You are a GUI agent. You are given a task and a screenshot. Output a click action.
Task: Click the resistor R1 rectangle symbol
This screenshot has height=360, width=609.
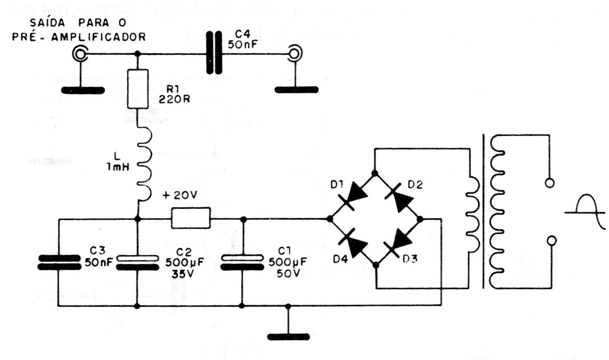click(x=137, y=89)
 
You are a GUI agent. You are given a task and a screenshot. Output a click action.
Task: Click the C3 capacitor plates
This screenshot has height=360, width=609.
click(x=59, y=262)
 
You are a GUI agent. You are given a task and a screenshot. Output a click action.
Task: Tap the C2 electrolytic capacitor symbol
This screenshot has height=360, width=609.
click(x=137, y=262)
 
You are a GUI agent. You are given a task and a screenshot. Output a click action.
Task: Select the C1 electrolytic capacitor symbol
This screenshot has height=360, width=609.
click(x=242, y=262)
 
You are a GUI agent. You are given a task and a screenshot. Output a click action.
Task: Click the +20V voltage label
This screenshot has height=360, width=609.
click(x=180, y=196)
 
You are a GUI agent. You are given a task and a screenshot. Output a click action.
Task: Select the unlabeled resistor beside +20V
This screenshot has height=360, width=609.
click(x=191, y=218)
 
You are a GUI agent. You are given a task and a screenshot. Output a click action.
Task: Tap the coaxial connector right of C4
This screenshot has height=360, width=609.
click(x=295, y=53)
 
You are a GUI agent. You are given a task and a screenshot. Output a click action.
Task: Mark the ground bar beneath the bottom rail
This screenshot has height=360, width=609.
click(x=288, y=336)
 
